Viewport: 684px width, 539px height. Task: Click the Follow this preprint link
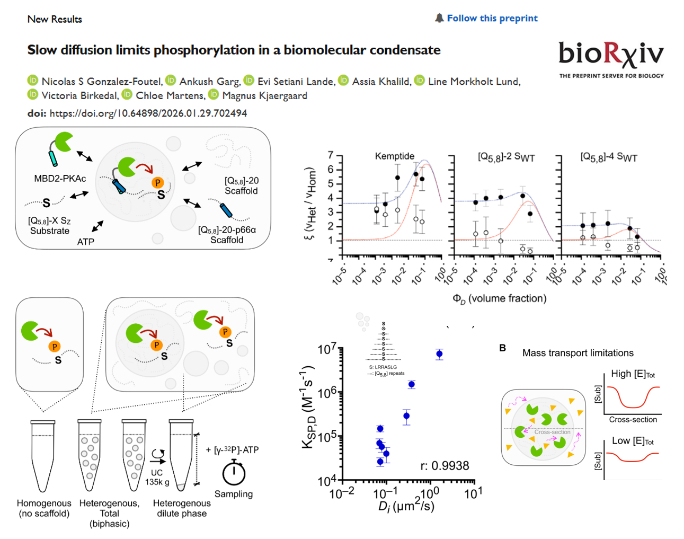coord(492,19)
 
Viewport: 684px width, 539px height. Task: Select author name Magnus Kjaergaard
coord(264,96)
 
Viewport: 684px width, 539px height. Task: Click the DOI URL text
coord(148,113)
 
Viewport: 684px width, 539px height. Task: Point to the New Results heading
coord(55,19)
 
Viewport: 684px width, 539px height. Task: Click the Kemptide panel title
coord(394,156)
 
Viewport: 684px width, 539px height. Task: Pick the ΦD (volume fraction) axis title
coord(499,298)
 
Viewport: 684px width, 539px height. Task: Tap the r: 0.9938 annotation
coord(445,466)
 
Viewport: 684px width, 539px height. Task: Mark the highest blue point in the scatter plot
coord(439,354)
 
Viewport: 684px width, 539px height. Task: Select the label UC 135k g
coord(157,477)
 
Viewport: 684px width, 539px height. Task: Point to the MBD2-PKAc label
coord(60,179)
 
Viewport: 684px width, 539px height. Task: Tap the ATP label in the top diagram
coord(86,242)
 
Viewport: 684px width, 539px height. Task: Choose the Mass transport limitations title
coord(578,353)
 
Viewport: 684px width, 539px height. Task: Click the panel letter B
coord(502,348)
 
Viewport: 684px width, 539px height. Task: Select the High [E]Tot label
coord(633,374)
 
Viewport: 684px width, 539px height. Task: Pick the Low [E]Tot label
coord(633,441)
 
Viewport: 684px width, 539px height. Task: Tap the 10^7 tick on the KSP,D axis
coord(326,350)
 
